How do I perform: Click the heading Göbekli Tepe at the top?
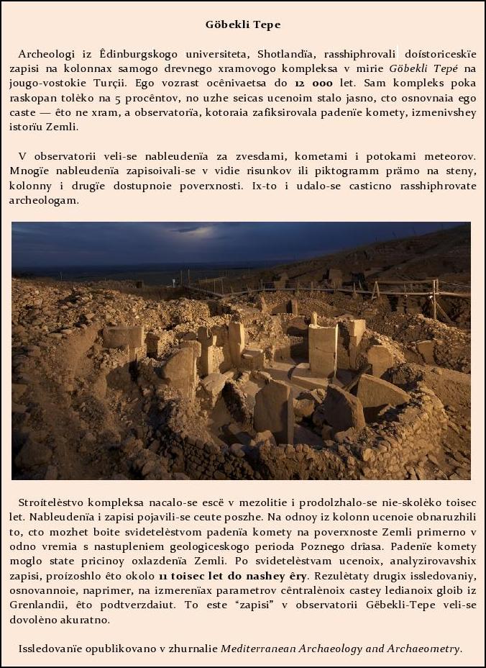pos(243,24)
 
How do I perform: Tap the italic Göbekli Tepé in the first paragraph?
pos(424,68)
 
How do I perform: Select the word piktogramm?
pos(317,171)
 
